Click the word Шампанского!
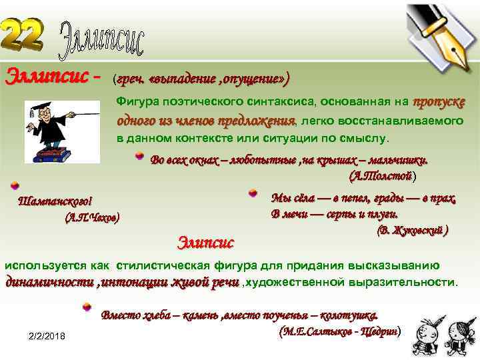click(55, 201)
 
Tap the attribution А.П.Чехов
click(93, 217)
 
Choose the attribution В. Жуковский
click(413, 231)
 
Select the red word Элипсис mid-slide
click(206, 240)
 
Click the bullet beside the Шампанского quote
click(14, 186)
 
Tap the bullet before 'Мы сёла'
click(253, 193)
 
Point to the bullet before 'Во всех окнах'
click(139, 156)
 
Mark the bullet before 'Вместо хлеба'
click(86, 308)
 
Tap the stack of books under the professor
click(53, 155)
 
